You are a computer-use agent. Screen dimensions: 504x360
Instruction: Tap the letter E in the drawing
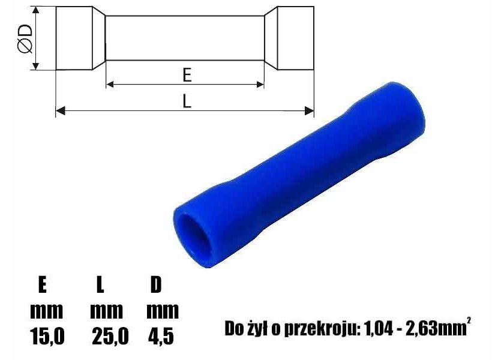pos(187,76)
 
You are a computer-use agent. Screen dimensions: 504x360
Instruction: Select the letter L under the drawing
pos(187,101)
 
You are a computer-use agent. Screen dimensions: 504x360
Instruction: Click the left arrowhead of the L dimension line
pos(61,111)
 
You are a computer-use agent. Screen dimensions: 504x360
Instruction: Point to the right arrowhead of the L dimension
pos(309,111)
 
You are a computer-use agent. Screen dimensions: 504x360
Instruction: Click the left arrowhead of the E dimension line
pos(110,85)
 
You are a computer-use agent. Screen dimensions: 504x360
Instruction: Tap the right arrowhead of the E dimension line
pos(260,85)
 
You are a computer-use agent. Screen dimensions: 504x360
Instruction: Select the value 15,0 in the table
pos(47,336)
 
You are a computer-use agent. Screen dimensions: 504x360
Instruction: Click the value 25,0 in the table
pos(110,336)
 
